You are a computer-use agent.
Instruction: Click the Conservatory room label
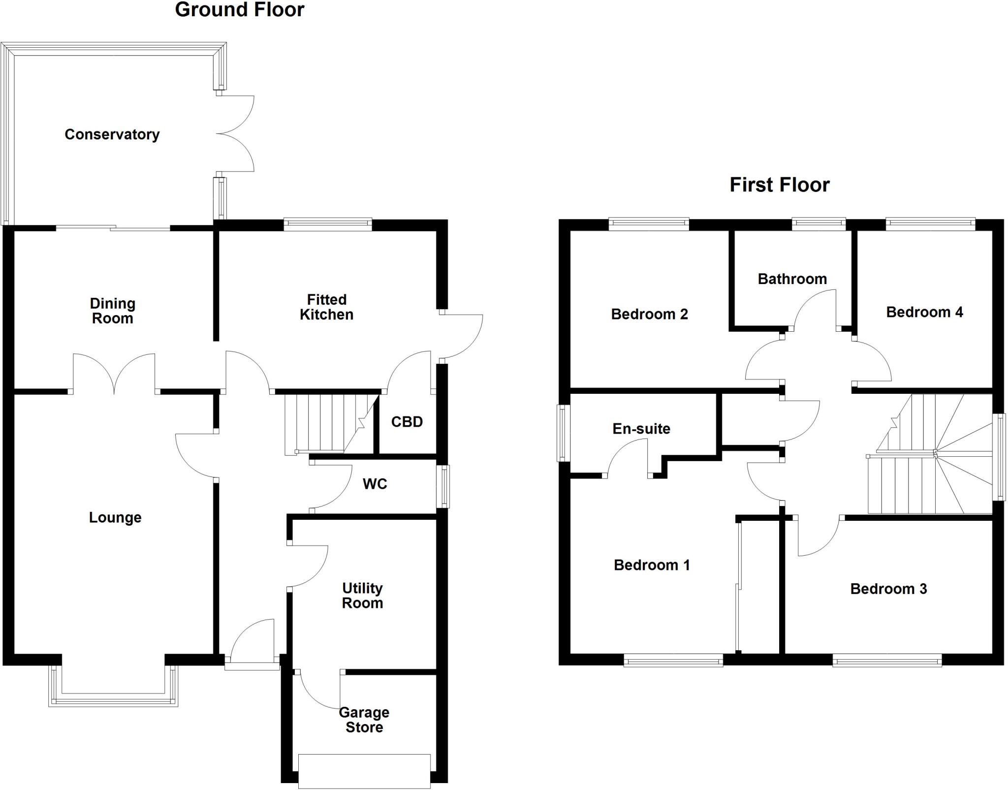112,134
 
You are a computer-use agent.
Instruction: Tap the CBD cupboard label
407,422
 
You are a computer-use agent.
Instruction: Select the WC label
375,484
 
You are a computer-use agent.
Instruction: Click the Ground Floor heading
239,10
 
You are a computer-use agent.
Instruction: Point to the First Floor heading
779,185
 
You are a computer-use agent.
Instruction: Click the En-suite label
641,429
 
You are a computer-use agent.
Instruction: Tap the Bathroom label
792,279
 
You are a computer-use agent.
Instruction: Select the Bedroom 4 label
924,312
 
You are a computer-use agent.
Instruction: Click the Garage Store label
364,720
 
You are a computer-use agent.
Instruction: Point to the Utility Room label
362,596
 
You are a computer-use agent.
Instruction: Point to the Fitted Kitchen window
328,224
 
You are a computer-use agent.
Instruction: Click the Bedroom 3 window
887,660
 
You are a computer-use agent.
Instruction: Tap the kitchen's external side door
460,337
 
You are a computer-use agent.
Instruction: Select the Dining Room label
112,311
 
